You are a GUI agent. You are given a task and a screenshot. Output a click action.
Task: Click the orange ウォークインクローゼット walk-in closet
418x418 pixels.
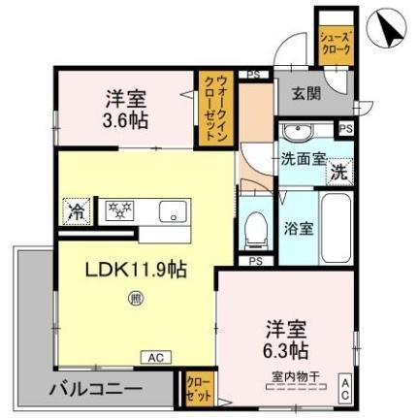[212, 111]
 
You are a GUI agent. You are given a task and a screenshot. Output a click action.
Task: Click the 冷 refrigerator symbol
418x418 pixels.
[76, 208]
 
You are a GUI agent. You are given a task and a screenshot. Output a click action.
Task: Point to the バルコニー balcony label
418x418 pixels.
[97, 391]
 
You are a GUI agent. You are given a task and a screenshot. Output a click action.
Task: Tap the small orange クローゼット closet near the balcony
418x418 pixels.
[198, 391]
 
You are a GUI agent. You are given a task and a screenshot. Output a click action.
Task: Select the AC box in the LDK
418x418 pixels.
[154, 357]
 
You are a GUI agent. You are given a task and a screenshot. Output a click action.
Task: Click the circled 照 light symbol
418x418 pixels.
[135, 301]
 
